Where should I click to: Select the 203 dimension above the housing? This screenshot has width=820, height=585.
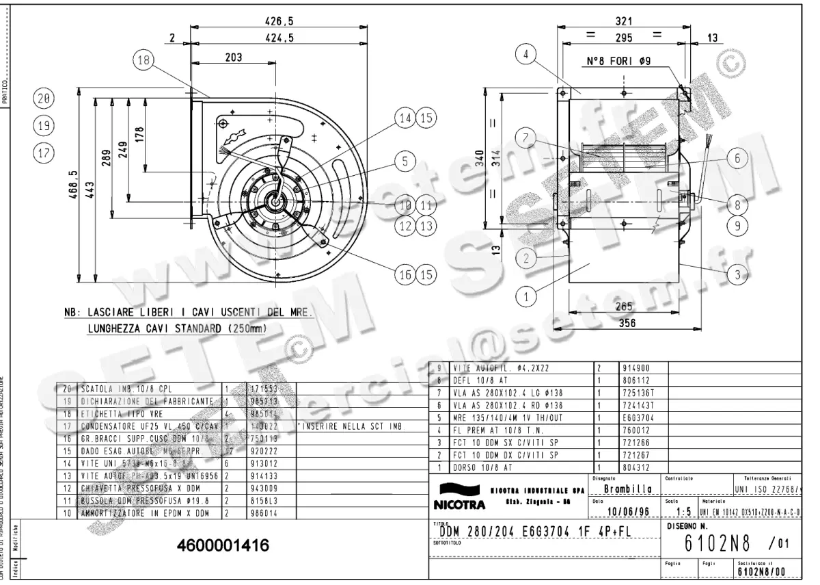point(234,58)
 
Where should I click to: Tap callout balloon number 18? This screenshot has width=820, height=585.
point(143,60)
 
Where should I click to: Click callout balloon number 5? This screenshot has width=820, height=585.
point(405,161)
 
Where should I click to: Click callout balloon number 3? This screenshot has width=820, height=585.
point(737,276)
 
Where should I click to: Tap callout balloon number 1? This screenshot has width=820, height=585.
point(526,297)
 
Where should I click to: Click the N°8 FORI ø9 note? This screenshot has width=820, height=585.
point(619,61)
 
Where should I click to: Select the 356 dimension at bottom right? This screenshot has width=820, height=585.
point(627,323)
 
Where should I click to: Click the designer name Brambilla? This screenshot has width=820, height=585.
point(625,490)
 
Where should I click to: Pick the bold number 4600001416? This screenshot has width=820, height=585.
point(223,546)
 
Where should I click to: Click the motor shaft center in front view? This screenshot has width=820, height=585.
point(276,200)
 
